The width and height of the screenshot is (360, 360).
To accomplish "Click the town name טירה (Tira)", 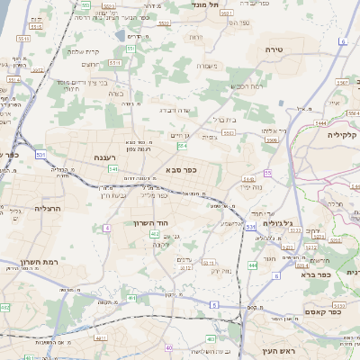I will click(274, 49).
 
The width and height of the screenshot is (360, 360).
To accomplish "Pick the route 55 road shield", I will click(267, 172).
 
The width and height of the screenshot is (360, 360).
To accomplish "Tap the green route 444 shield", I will click(253, 265).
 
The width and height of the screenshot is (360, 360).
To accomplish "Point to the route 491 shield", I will click(132, 298).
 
